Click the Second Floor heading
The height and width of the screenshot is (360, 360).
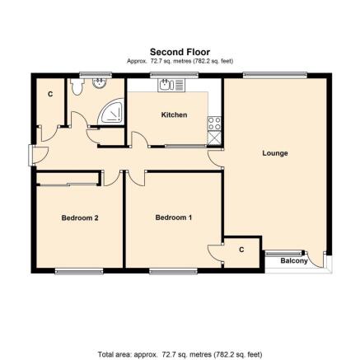point(180,52)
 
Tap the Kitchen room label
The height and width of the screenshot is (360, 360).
point(174,115)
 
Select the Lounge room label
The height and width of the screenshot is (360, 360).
point(275,153)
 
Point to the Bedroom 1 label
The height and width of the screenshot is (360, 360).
point(174,217)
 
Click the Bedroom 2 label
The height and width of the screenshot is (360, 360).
point(80,218)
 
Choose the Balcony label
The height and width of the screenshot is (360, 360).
point(294,261)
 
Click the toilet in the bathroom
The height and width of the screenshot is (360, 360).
point(77,86)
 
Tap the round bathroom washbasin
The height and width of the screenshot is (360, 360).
point(100,83)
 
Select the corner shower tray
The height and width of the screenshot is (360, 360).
point(111,111)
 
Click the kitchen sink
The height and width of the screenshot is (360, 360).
point(171,85)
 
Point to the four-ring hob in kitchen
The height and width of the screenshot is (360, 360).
point(214,124)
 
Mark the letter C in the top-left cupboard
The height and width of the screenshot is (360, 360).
point(50,94)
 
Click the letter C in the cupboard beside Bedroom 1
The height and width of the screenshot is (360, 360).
point(241,250)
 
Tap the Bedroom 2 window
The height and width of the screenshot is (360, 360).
point(79,271)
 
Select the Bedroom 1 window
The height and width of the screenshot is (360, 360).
point(174,271)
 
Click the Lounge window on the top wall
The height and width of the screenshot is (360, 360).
point(275,74)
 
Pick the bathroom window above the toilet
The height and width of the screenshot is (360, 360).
point(96,74)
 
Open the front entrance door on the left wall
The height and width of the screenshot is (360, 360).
point(38,156)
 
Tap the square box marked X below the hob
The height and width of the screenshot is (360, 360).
point(214,138)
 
